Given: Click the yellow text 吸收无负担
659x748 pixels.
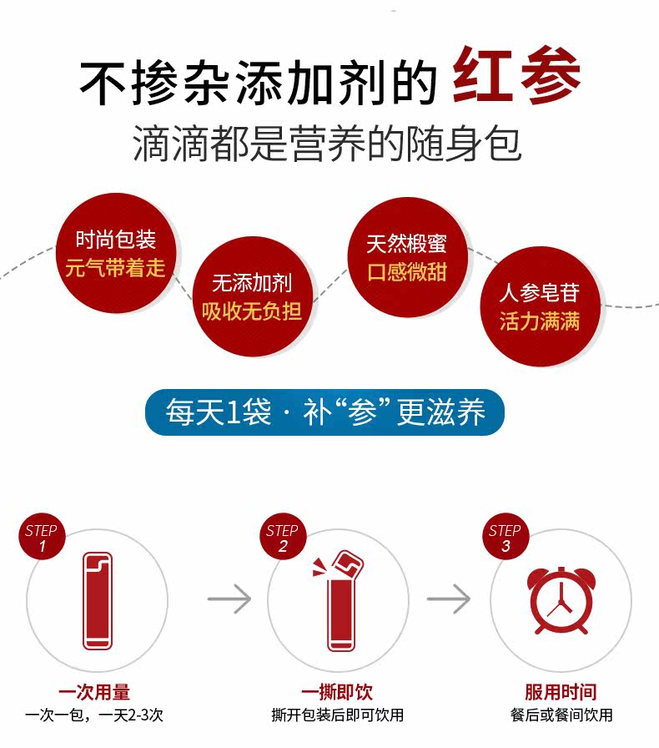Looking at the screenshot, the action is pyautogui.click(x=251, y=312).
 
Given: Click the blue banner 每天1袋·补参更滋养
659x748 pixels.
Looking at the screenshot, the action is pyautogui.click(x=324, y=412).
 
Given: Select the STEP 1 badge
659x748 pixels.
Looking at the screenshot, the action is pyautogui.click(x=41, y=538).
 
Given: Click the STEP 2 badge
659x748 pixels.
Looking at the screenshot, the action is pyautogui.click(x=282, y=538).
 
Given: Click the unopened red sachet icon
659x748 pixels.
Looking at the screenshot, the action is pyautogui.click(x=98, y=600).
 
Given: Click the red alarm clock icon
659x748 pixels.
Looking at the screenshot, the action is pyautogui.click(x=561, y=600).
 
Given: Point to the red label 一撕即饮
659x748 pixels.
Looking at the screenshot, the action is pyautogui.click(x=337, y=692).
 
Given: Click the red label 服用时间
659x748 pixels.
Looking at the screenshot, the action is pyautogui.click(x=561, y=692).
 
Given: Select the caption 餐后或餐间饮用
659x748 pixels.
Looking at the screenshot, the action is pyautogui.click(x=561, y=715).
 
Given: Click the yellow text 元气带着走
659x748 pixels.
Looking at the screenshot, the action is pyautogui.click(x=115, y=269).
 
